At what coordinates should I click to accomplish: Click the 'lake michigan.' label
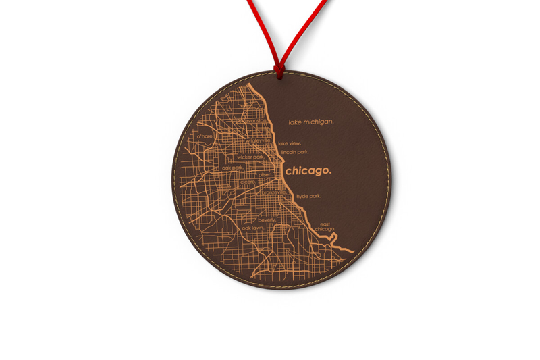click(x=311, y=122)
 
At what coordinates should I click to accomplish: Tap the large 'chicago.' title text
click(x=308, y=171)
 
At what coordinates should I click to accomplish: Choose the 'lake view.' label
click(x=290, y=143)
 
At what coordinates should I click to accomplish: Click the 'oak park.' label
click(x=233, y=168)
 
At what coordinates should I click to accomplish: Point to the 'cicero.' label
click(x=248, y=182)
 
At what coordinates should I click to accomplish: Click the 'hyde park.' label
click(x=308, y=197)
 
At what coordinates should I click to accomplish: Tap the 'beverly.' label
click(x=267, y=220)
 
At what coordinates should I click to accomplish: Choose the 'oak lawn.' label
click(x=254, y=228)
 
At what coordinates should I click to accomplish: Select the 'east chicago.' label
click(x=325, y=227)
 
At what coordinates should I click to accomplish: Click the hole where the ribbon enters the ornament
click(x=276, y=70)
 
